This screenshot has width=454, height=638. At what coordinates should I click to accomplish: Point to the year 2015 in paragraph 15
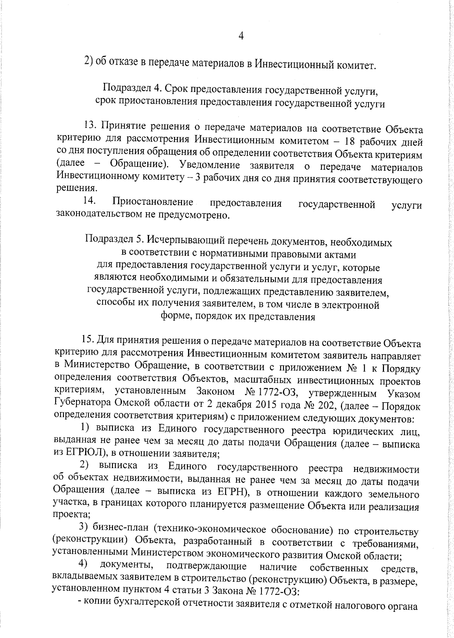tap(257, 405)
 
